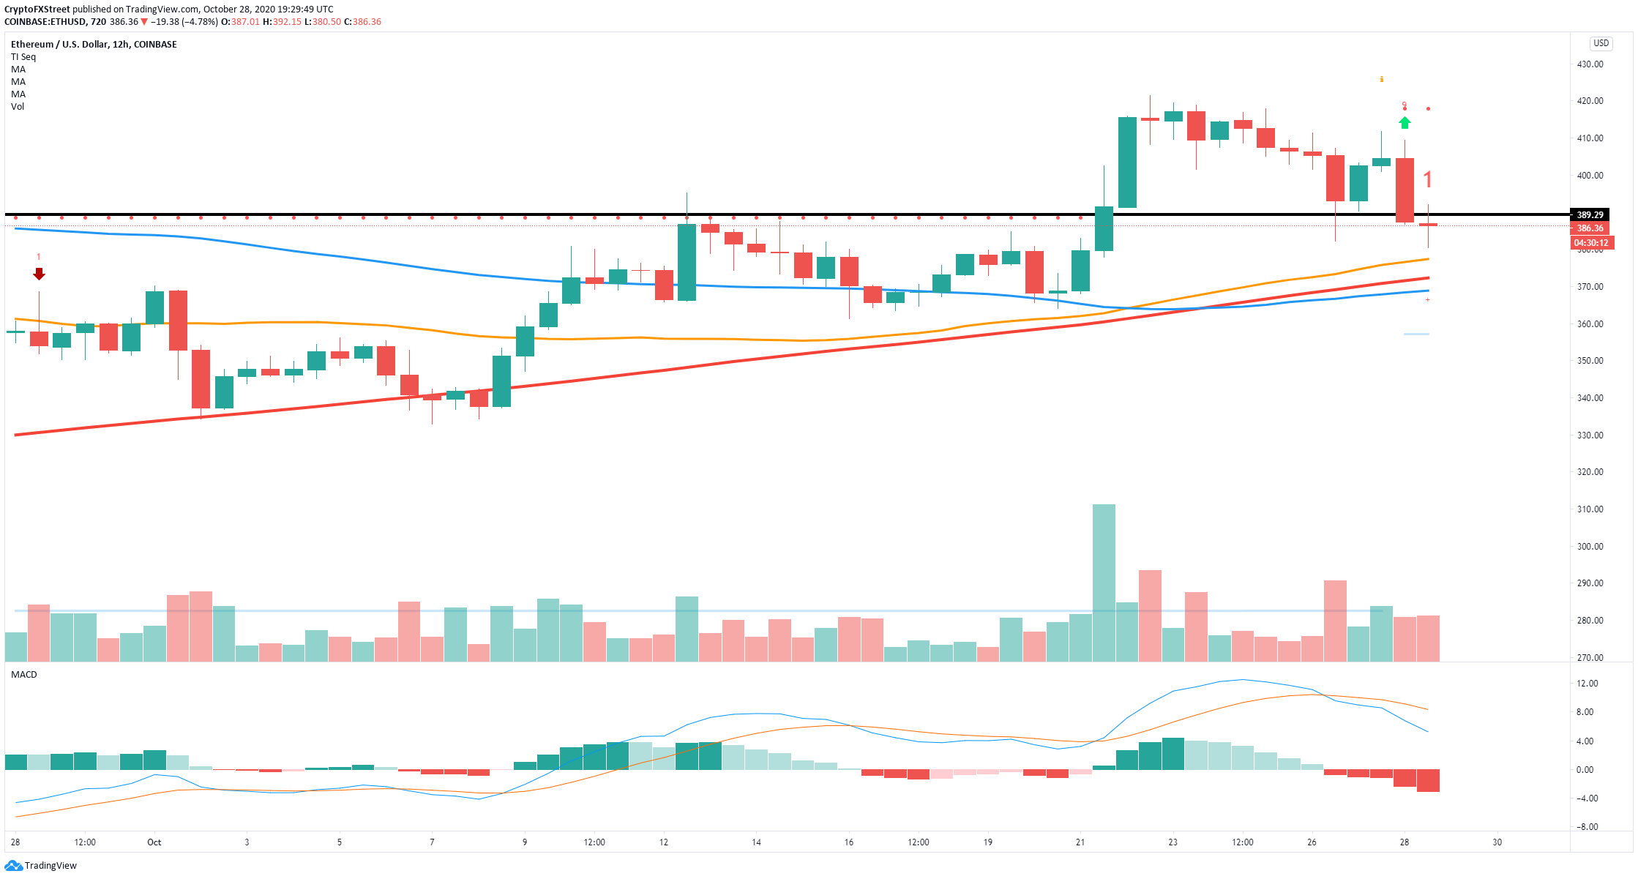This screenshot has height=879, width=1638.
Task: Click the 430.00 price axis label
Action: click(1590, 64)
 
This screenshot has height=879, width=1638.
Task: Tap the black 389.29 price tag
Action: click(1590, 215)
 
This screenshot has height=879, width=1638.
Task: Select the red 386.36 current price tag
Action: click(1590, 228)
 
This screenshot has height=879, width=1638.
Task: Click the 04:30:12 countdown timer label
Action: click(1591, 243)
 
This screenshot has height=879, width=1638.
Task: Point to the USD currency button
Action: click(1601, 43)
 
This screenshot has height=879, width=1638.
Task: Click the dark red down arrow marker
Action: click(40, 274)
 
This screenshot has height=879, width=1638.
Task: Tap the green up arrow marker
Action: click(1405, 123)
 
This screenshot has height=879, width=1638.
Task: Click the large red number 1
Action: click(1427, 179)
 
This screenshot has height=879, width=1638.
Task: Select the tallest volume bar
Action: click(1104, 583)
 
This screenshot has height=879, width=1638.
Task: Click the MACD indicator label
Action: click(24, 675)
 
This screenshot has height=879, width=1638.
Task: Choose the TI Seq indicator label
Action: click(23, 57)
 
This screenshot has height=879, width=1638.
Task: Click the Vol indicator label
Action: click(18, 107)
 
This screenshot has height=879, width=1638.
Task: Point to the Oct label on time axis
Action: click(154, 842)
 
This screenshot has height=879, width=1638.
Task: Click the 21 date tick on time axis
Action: click(1080, 842)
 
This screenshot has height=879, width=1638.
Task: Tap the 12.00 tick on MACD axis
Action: click(1587, 684)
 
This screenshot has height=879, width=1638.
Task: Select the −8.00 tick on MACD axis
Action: click(1587, 827)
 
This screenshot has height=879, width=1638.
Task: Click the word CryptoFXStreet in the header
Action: click(37, 10)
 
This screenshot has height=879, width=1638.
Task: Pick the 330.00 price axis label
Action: click(1590, 435)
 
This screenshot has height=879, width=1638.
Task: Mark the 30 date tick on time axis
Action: click(1497, 842)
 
